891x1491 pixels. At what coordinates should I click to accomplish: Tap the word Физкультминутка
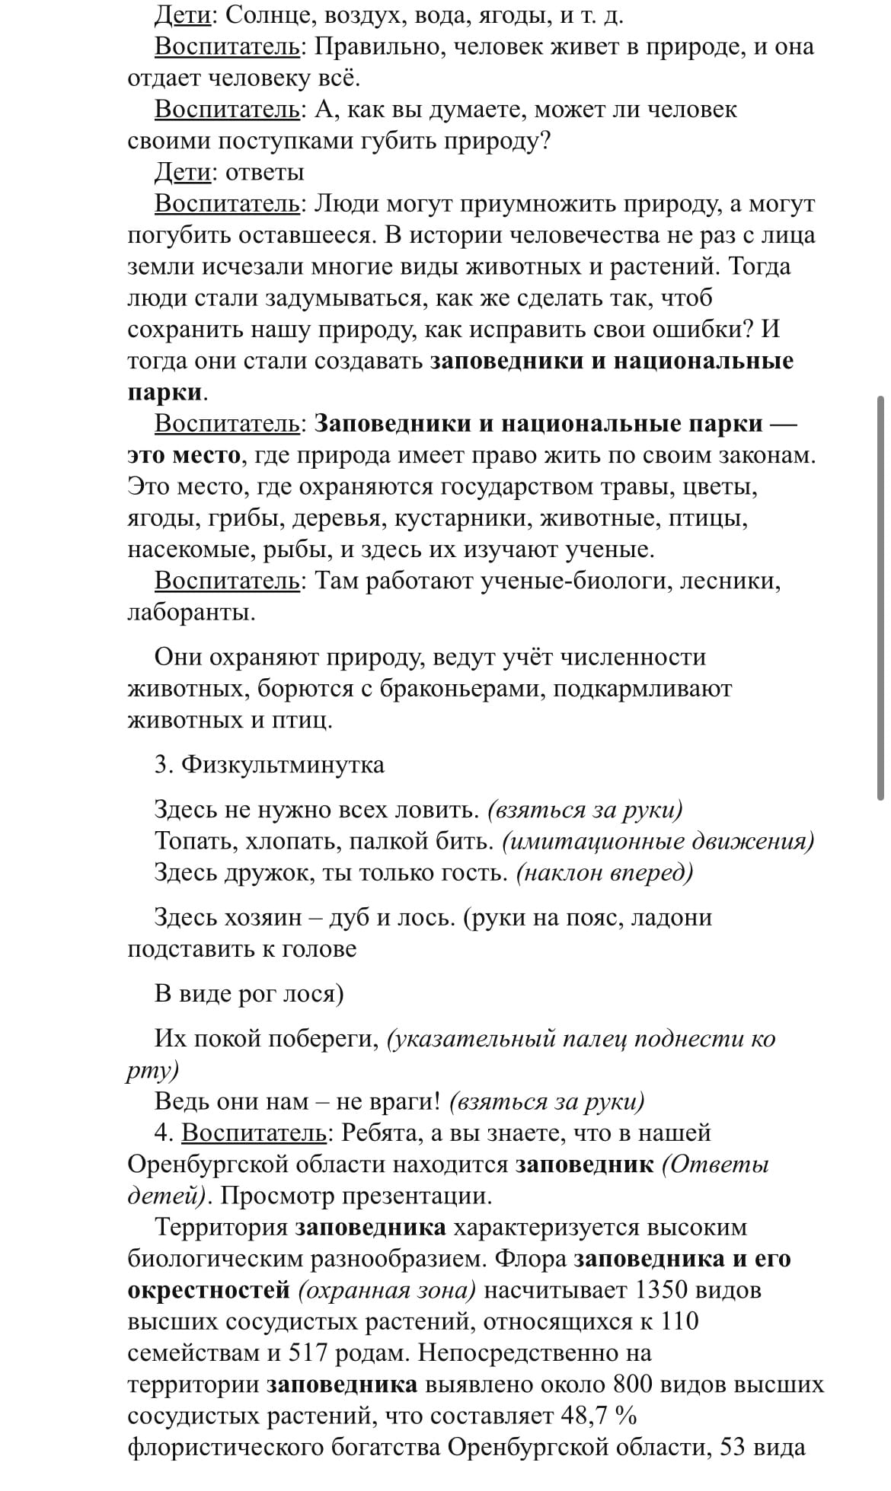pos(283,764)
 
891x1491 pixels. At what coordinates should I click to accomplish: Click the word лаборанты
pos(190,613)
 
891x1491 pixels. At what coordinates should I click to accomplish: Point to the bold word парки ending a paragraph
pos(164,393)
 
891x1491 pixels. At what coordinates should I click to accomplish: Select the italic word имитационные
pos(592,841)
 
